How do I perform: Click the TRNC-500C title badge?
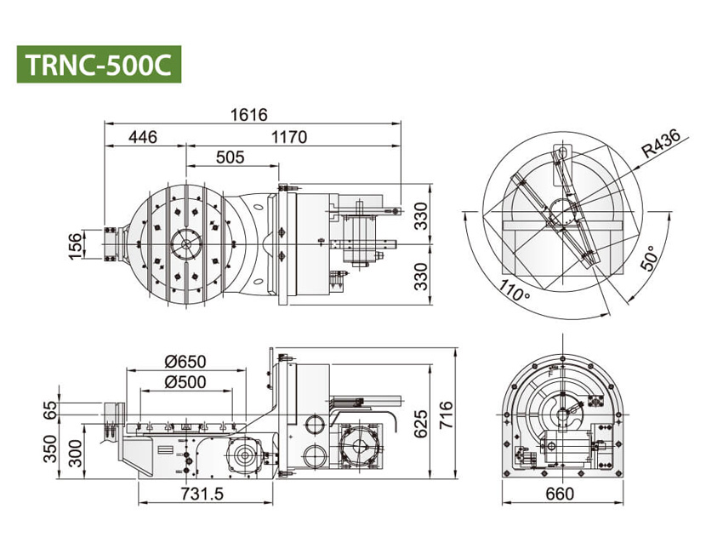tap(99, 64)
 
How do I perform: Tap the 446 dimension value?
tap(143, 137)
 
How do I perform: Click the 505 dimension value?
tap(231, 157)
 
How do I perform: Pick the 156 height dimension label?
tap(75, 244)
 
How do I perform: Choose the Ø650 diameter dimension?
tap(185, 361)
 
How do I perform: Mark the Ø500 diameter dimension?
tap(185, 382)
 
